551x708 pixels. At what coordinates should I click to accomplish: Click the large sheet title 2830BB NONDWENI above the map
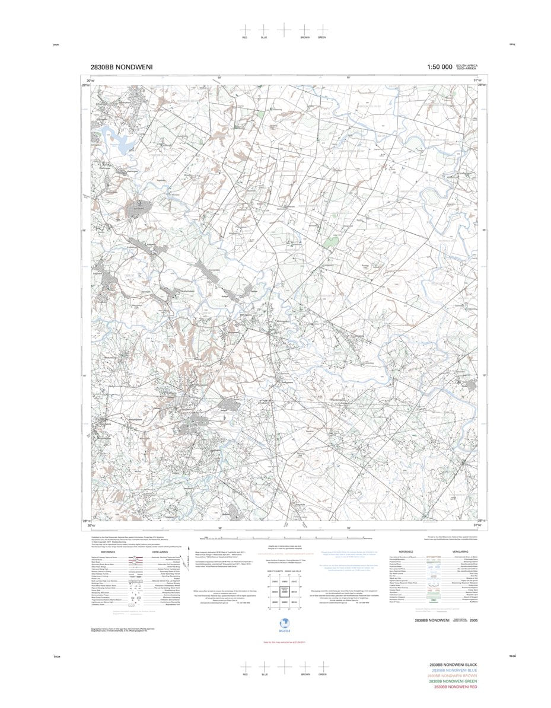(122, 68)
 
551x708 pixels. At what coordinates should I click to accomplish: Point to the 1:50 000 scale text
(439, 68)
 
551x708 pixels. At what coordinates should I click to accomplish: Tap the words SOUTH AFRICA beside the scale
(467, 65)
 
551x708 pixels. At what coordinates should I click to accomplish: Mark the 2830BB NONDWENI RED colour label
(455, 687)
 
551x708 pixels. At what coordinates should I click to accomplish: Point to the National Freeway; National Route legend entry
(104, 558)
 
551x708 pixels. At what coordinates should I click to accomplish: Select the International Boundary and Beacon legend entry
(403, 558)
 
